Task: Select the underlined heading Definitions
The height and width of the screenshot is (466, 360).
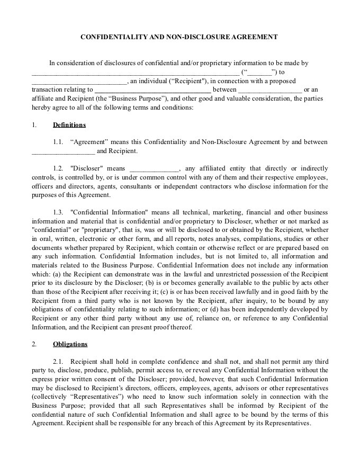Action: pyautogui.click(x=69, y=125)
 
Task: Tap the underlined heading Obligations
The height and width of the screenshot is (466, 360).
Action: pyautogui.click(x=70, y=344)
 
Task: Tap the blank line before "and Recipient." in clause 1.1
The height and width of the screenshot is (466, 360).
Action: pyautogui.click(x=63, y=151)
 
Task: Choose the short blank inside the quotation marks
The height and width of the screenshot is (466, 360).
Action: pyautogui.click(x=259, y=73)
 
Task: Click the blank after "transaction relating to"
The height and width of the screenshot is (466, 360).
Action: pyautogui.click(x=153, y=90)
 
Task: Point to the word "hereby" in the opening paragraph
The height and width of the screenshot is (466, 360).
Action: pyautogui.click(x=42, y=107)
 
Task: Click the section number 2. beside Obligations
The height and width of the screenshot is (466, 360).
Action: pyautogui.click(x=34, y=344)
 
